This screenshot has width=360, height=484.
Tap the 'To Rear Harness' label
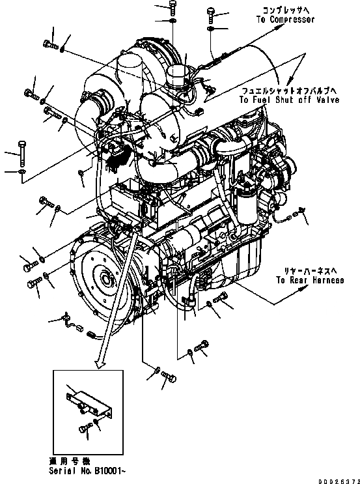pyautogui.click(x=310, y=281)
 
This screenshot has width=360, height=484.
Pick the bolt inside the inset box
pyautogui.click(x=84, y=427)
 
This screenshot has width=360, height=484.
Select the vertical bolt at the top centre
pyautogui.click(x=172, y=8)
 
